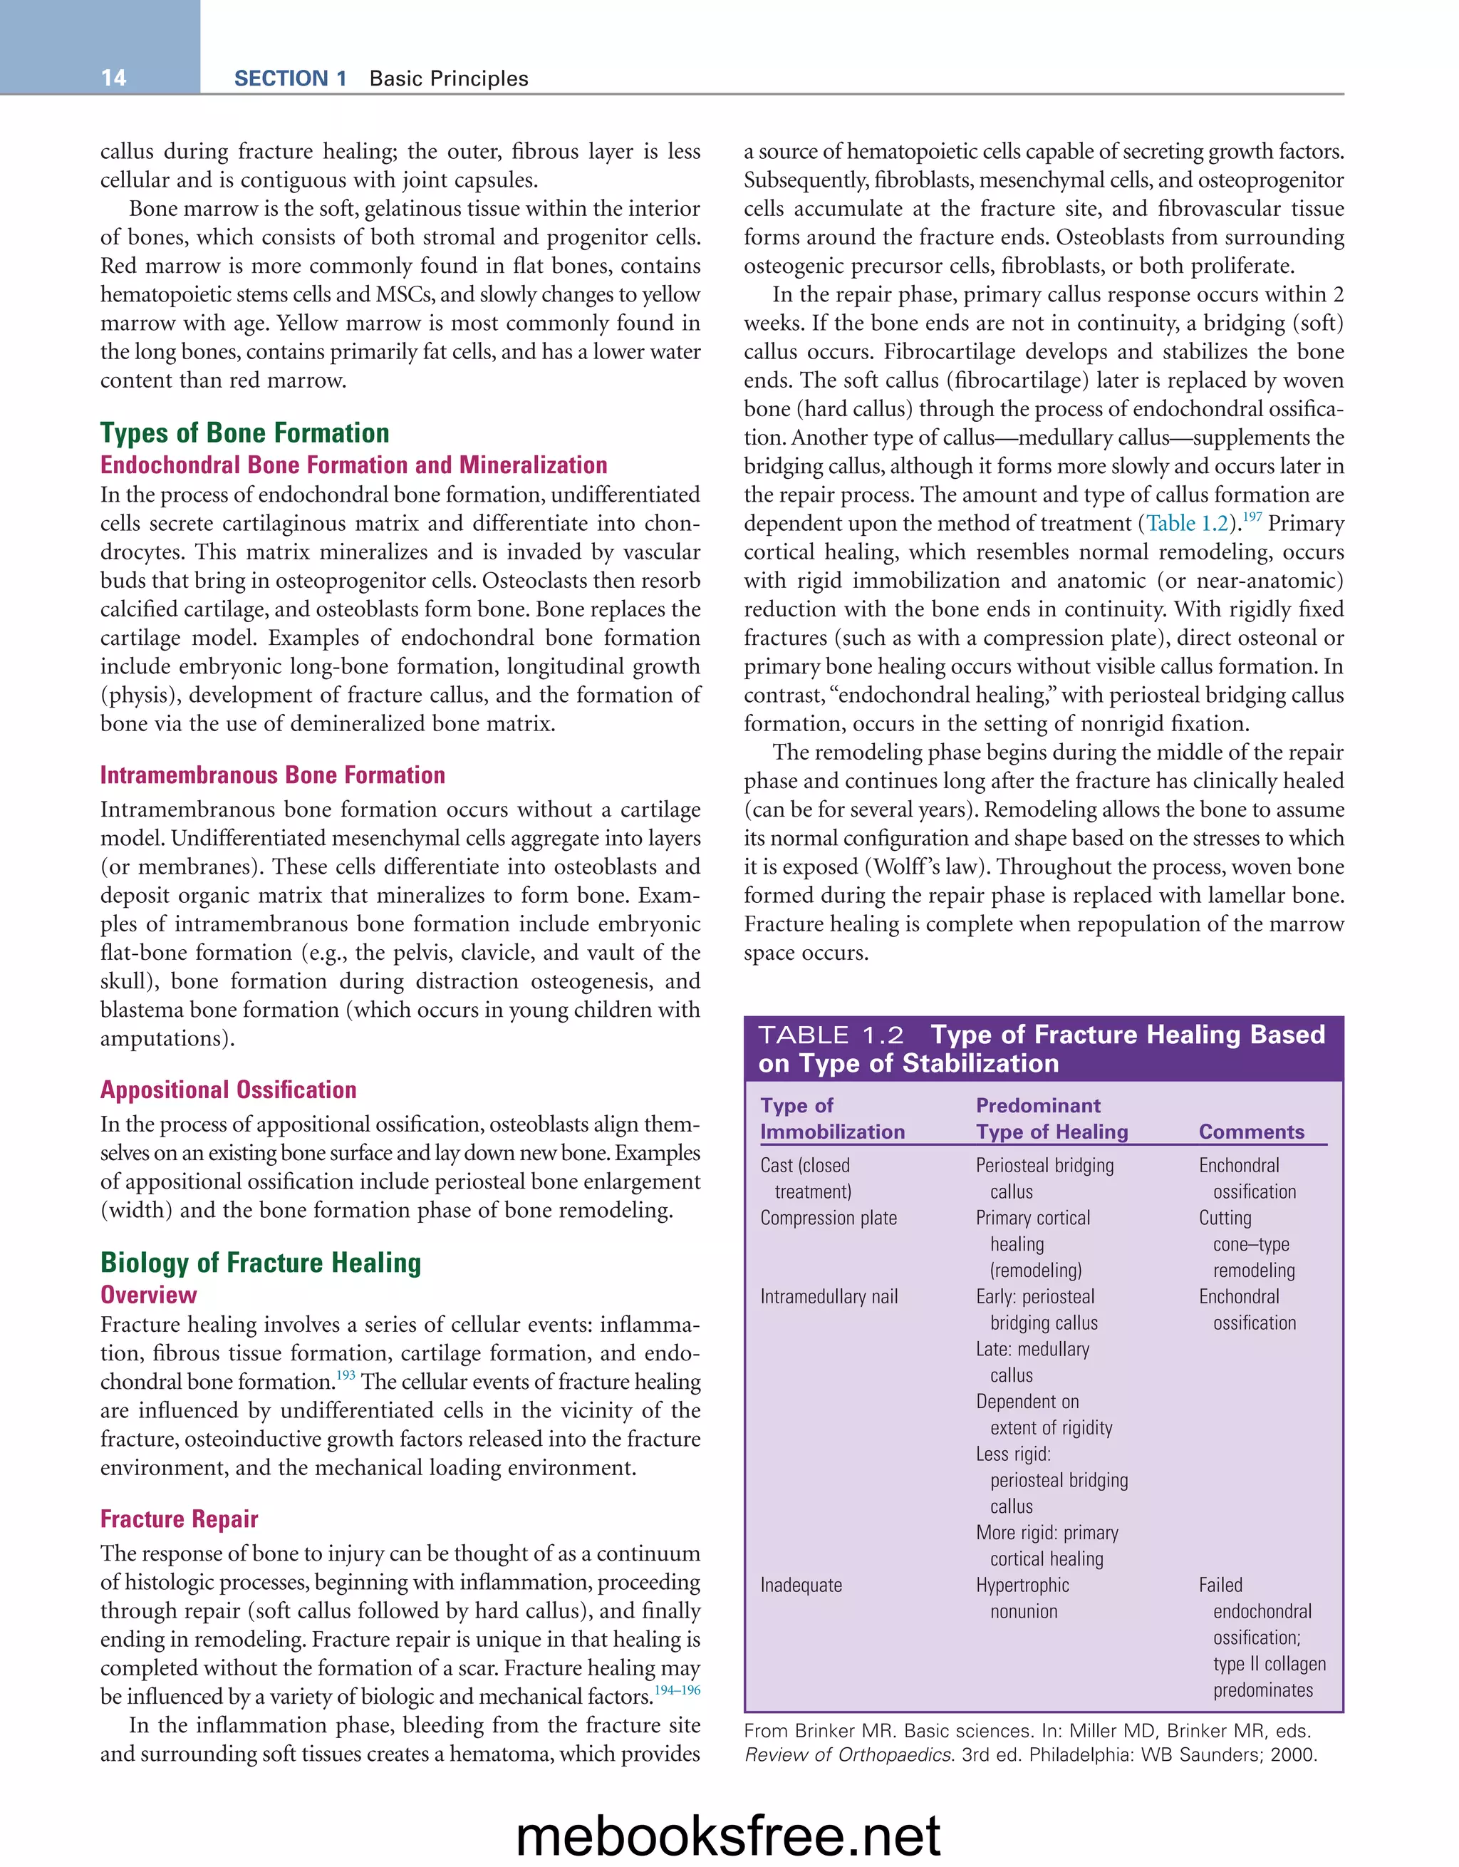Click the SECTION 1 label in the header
pyautogui.click(x=290, y=78)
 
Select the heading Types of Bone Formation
pyautogui.click(x=244, y=433)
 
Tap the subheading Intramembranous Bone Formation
pyautogui.click(x=273, y=775)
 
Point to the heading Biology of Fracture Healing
pyautogui.click(x=261, y=1262)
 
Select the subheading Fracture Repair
pyautogui.click(x=179, y=1519)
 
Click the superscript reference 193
pyautogui.click(x=346, y=1375)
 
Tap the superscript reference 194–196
pyautogui.click(x=677, y=1690)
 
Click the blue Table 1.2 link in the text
pyautogui.click(x=1186, y=523)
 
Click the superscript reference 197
pyautogui.click(x=1251, y=517)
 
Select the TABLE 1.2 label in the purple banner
pyautogui.click(x=831, y=1035)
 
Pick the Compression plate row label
pyautogui.click(x=829, y=1217)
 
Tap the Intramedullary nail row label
pyautogui.click(x=829, y=1296)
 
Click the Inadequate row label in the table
pyautogui.click(x=801, y=1585)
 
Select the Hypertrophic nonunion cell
pyautogui.click(x=1023, y=1598)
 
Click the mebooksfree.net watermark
pyautogui.click(x=728, y=1834)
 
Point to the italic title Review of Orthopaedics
pyautogui.click(x=848, y=1755)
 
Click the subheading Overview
pyautogui.click(x=149, y=1294)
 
